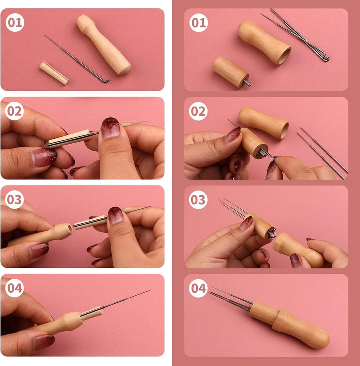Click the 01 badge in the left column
coord(15,22)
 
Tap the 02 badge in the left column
coord(14,111)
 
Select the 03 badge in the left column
coord(14,200)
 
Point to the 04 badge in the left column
coord(14,288)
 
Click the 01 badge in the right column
coord(198,22)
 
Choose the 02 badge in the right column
coord(198,111)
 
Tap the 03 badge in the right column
coord(198,200)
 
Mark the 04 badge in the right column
coord(198,288)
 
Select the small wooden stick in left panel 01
coord(54,73)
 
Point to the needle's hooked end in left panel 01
coord(106,81)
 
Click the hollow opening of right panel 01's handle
coord(285,56)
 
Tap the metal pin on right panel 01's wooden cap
coord(247,83)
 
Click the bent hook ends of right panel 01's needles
coord(325,58)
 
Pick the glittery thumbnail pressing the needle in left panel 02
coord(111,128)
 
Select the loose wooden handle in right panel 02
coord(264,123)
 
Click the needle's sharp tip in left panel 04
coord(150,290)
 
